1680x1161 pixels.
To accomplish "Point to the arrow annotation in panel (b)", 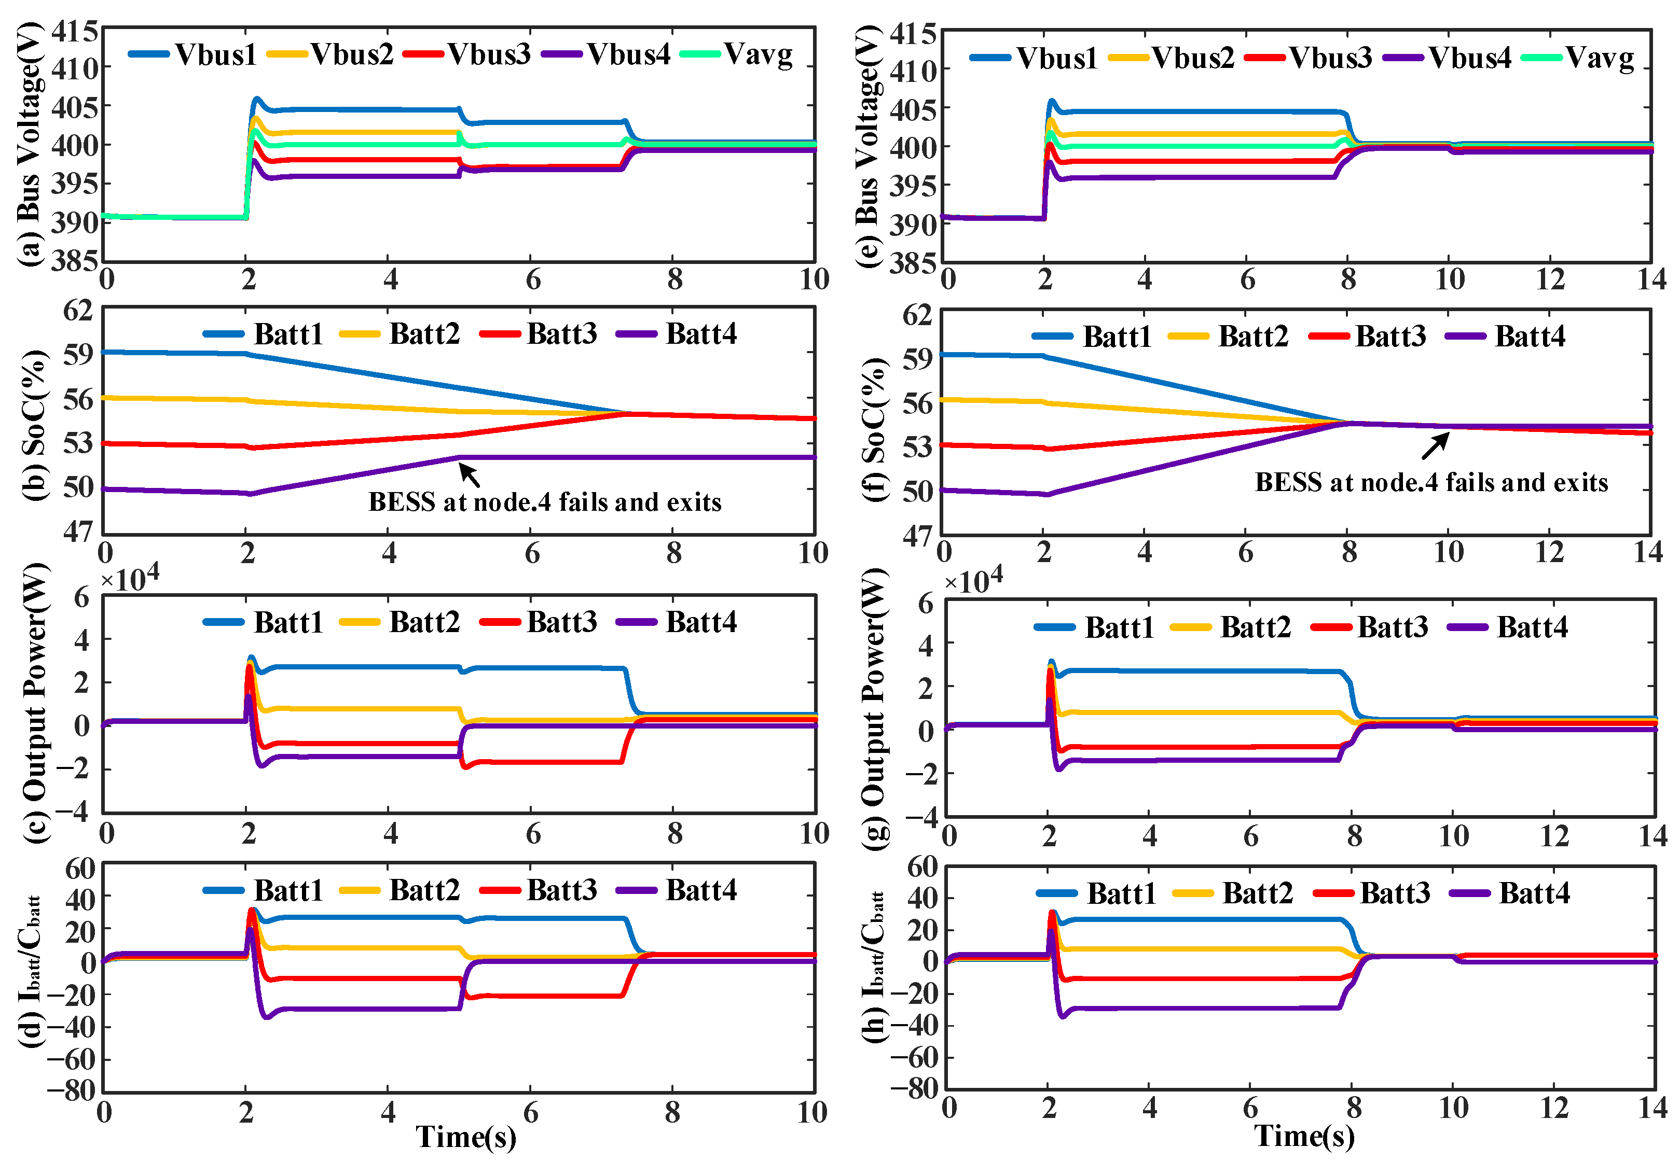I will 470,475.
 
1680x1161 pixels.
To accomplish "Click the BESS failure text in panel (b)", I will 544,502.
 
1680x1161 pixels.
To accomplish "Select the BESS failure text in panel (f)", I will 1431,482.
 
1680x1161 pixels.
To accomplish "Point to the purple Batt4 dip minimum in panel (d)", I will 267,1016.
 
